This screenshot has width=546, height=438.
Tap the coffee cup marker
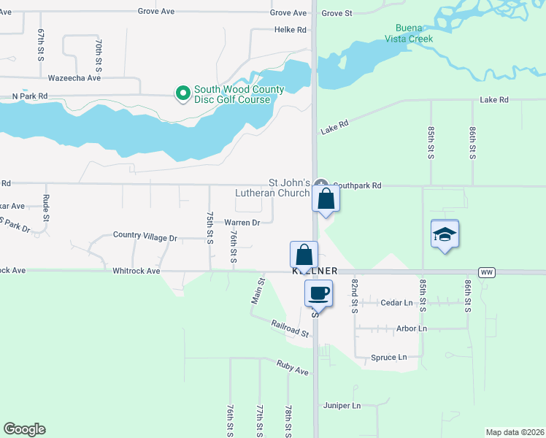pos(318,293)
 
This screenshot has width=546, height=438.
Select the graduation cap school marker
pos(445,234)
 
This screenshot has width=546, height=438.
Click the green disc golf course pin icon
pos(182,93)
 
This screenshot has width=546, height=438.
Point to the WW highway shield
pos(487,272)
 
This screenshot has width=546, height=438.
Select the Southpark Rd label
pos(357,185)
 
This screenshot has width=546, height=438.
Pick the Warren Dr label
pos(242,223)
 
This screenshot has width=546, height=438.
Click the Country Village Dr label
pos(145,237)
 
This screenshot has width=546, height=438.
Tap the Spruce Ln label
pos(388,358)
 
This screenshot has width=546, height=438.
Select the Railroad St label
pos(291,328)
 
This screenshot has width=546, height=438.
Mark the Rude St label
pos(46,207)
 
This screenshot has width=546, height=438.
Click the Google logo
pos(24,429)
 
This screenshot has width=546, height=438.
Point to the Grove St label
pos(337,13)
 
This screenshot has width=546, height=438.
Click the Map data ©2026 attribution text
pos(514,432)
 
